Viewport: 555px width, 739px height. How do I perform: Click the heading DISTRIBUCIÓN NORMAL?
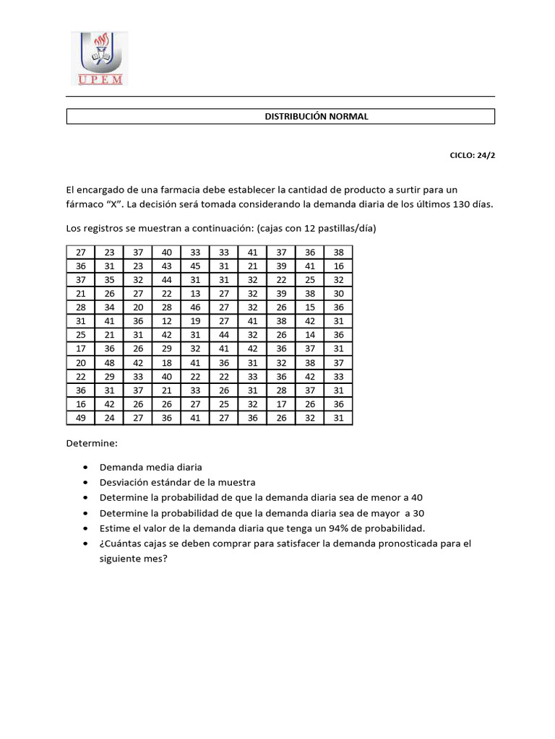[317, 116]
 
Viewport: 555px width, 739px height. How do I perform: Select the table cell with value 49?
[80, 418]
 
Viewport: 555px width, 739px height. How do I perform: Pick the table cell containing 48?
[109, 362]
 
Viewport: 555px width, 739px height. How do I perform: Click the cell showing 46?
[195, 307]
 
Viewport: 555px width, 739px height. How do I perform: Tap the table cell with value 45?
[195, 266]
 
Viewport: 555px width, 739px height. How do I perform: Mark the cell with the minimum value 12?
[167, 321]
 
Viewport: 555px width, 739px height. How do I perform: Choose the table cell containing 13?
[195, 293]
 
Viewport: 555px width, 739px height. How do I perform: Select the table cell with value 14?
[310, 335]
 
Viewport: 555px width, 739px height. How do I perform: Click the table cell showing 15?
[310, 307]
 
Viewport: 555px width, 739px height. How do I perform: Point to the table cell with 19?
[195, 321]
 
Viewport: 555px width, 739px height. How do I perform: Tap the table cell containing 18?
[167, 362]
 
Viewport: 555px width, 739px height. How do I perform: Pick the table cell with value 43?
[167, 266]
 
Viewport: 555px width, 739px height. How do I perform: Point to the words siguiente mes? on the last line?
[133, 559]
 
